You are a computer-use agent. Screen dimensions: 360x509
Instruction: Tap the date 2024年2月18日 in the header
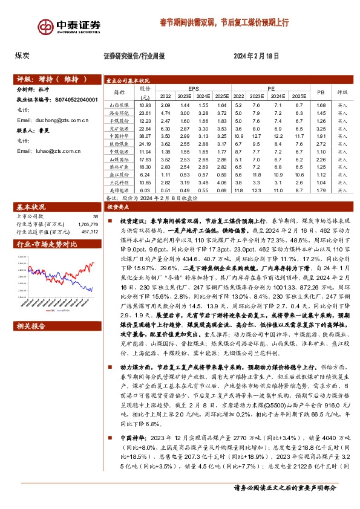point(255,56)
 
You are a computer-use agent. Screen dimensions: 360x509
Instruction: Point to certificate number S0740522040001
point(76,99)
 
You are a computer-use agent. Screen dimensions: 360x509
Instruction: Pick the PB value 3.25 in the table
point(321,129)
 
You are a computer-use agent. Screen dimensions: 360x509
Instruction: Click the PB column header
point(321,92)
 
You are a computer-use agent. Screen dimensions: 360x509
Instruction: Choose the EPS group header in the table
point(193,88)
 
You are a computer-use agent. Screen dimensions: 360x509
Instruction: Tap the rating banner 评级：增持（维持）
point(51,79)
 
